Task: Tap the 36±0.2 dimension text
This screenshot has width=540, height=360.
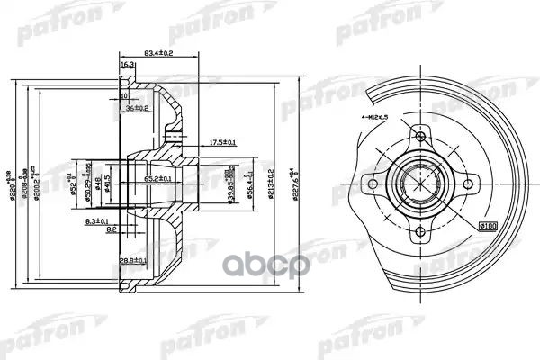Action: pyautogui.click(x=139, y=108)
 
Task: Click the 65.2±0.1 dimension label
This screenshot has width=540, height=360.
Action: pyautogui.click(x=158, y=180)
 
